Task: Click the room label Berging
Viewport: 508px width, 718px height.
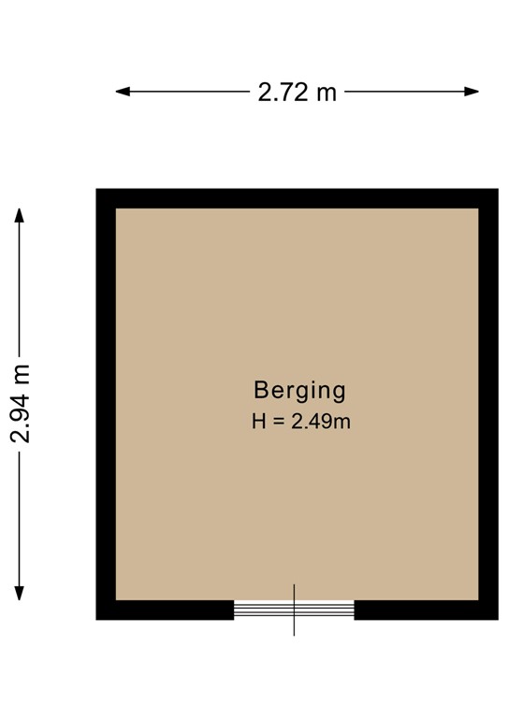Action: click(299, 390)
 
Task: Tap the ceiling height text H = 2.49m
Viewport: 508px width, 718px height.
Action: click(300, 422)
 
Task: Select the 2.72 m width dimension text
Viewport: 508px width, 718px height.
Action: click(297, 92)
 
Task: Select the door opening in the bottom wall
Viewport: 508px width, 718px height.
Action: click(294, 610)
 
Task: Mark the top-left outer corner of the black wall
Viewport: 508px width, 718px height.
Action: click(97, 190)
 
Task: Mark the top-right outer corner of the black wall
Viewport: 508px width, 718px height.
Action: click(497, 190)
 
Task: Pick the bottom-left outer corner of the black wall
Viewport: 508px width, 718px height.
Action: click(97, 619)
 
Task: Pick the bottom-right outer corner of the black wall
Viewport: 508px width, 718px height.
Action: click(497, 619)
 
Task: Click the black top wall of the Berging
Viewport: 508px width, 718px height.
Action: click(297, 198)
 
